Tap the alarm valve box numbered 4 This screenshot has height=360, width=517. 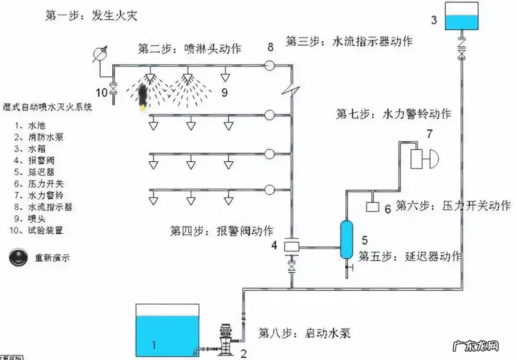pyautogui.click(x=291, y=246)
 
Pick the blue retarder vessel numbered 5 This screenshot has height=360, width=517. pyautogui.click(x=346, y=239)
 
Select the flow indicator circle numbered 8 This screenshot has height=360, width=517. pyautogui.click(x=270, y=64)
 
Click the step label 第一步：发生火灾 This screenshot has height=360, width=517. pyautogui.click(x=91, y=16)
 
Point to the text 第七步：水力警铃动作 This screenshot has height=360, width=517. pyautogui.click(x=393, y=114)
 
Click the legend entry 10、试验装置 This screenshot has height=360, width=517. pyautogui.click(x=36, y=230)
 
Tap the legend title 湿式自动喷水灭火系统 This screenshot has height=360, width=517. pyautogui.click(x=48, y=106)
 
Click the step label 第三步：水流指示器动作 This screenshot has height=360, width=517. pyautogui.click(x=349, y=41)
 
